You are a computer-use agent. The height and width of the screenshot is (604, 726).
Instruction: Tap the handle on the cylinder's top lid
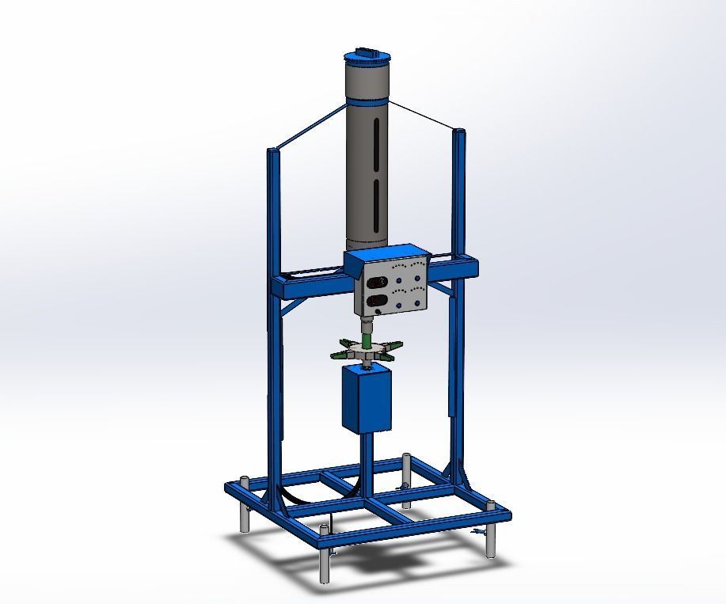click(367, 51)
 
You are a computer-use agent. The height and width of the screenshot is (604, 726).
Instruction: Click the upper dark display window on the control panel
click(378, 281)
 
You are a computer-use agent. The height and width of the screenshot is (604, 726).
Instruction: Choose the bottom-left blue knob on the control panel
click(397, 301)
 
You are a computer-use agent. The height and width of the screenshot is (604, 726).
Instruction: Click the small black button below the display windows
click(378, 312)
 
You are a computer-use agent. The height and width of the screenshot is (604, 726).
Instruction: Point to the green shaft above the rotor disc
click(367, 341)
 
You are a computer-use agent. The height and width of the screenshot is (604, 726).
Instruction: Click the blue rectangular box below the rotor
click(367, 399)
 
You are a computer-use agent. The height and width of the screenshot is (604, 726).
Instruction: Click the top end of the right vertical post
click(458, 131)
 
